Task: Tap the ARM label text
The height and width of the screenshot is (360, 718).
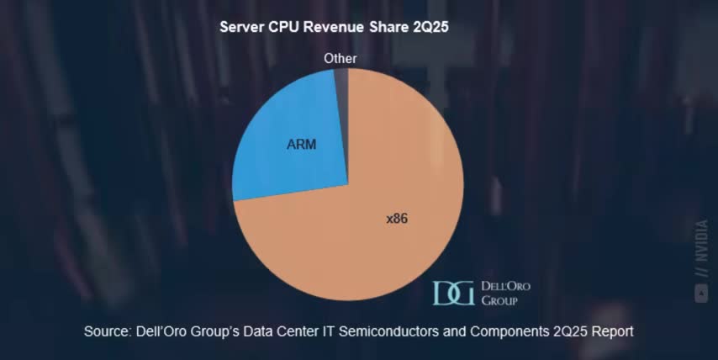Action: (x=301, y=145)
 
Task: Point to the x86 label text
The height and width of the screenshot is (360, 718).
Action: (x=397, y=219)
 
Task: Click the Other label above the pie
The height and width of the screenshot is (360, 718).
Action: (x=341, y=58)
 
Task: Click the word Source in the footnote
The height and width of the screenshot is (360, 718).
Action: (x=107, y=331)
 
